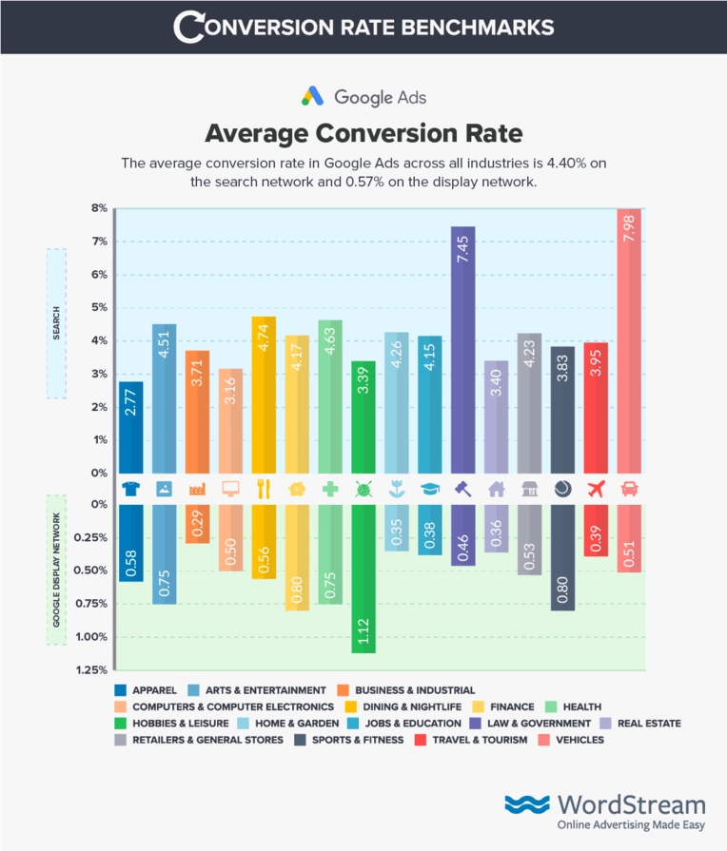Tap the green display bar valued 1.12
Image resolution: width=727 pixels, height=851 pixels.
coord(363,578)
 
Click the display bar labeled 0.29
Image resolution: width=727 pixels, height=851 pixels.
coord(197,523)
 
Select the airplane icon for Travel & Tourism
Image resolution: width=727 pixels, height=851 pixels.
coord(596,489)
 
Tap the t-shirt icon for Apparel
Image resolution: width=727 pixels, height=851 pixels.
coord(131,489)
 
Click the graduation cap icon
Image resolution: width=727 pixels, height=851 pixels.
coord(430,489)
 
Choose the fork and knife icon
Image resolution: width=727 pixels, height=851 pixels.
coord(264,489)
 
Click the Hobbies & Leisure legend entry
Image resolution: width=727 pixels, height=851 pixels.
coord(168,724)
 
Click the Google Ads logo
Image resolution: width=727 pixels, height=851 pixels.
coord(363,97)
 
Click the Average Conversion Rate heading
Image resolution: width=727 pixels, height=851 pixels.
coord(363,131)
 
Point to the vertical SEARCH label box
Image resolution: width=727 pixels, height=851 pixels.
coord(56,323)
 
